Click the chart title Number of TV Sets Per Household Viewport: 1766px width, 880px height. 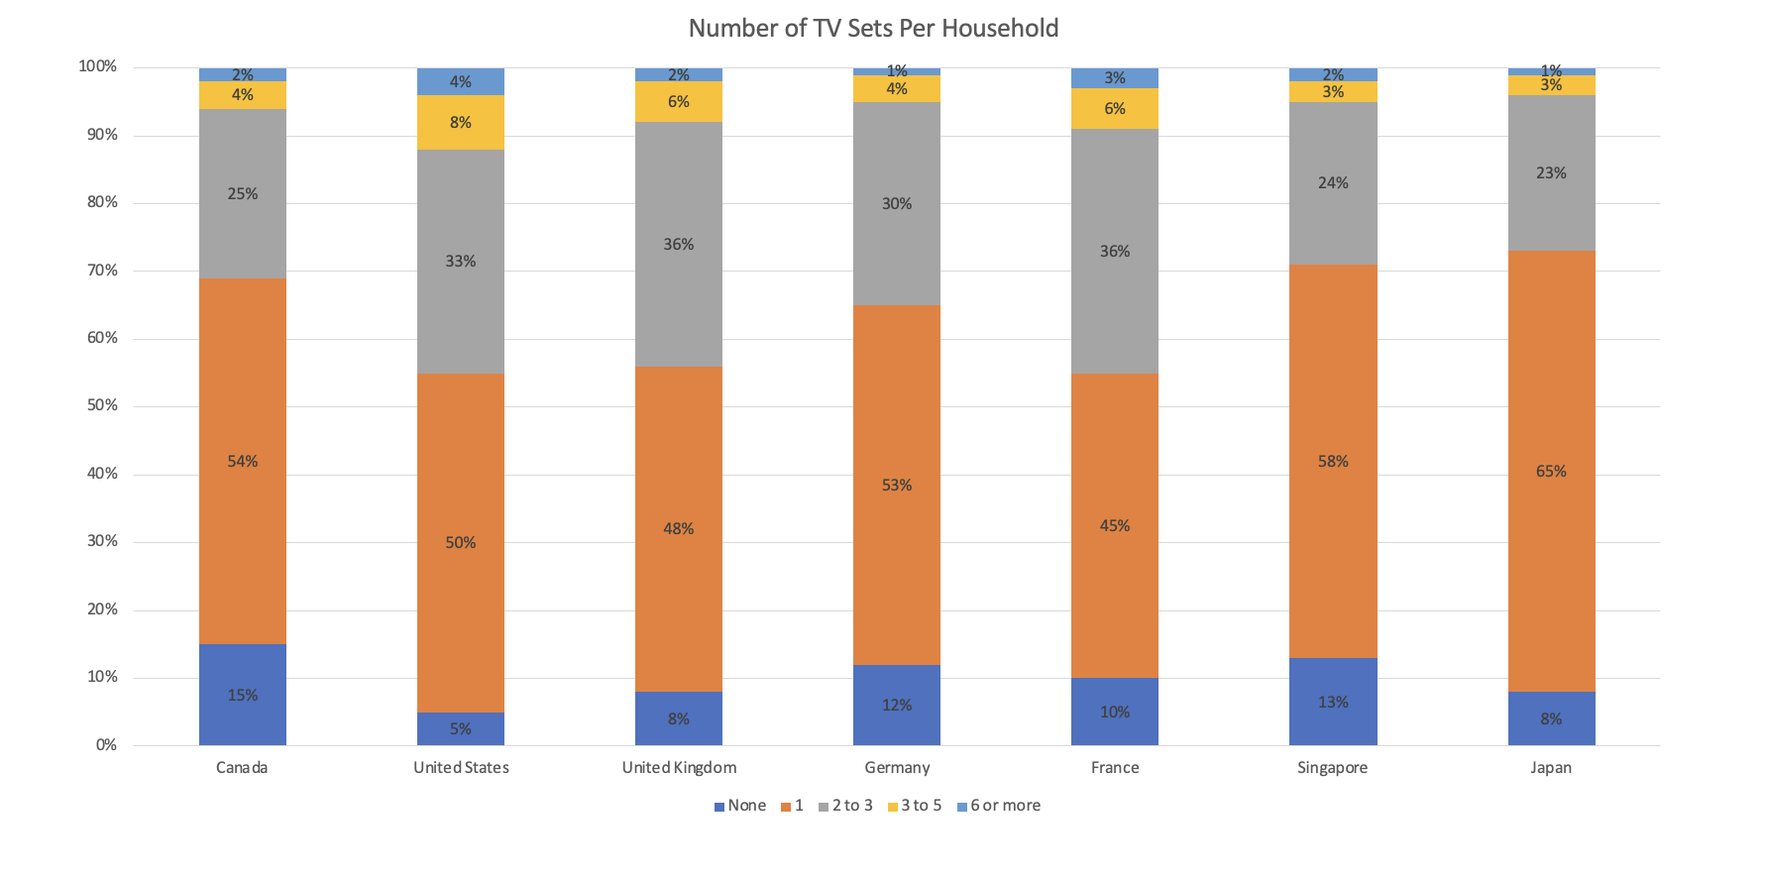click(x=873, y=28)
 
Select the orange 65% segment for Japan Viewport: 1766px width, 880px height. click(x=1551, y=472)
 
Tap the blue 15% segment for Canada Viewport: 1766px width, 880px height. click(x=243, y=695)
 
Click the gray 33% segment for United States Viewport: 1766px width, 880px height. click(x=461, y=262)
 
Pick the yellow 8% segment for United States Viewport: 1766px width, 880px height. click(x=461, y=122)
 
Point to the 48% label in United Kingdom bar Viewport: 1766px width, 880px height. click(x=679, y=528)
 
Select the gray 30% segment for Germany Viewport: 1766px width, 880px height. click(x=897, y=203)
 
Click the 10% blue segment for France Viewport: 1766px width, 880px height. click(x=1115, y=712)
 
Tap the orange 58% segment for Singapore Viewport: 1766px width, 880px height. click(x=1333, y=461)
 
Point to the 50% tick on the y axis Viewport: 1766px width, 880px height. click(x=102, y=405)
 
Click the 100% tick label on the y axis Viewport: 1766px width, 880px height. click(x=98, y=66)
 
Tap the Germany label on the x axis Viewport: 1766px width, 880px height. click(x=897, y=767)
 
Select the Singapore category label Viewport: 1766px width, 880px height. click(x=1332, y=767)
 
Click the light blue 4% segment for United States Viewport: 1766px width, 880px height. click(x=461, y=81)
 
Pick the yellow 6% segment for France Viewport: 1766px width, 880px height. click(x=1115, y=109)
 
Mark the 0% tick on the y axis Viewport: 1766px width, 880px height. click(x=106, y=744)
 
